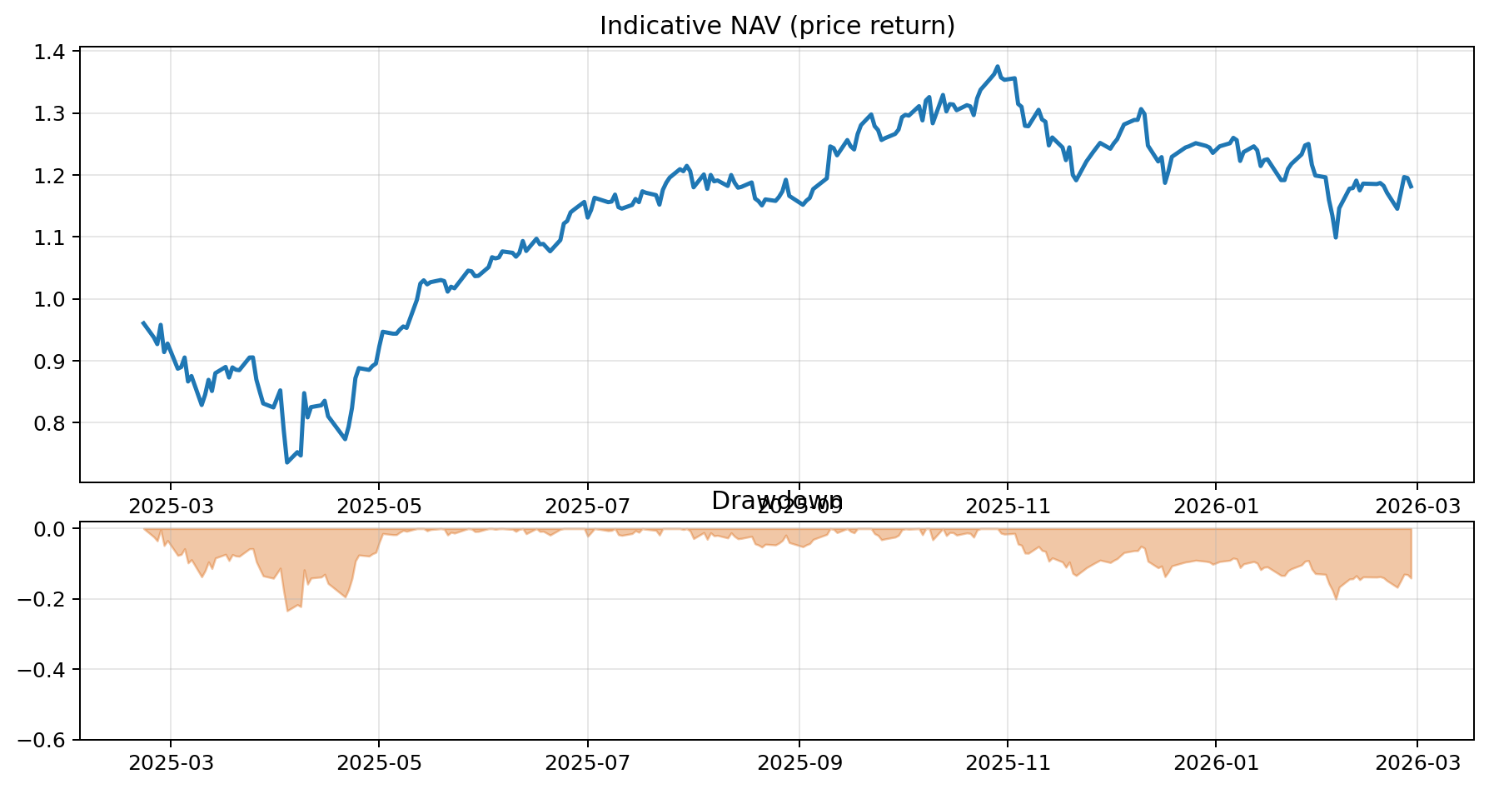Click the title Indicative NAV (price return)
777,26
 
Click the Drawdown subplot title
777,501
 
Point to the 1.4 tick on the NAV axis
52,52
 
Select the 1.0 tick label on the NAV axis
52,299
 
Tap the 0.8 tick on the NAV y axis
52,423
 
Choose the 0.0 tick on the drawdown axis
52,529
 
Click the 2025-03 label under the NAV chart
171,506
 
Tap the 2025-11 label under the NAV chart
1008,506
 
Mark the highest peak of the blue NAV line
997,67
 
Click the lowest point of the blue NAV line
287,462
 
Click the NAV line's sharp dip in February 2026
1336,237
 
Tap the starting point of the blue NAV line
143,322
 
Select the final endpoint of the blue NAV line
1412,187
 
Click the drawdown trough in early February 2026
1336,598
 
